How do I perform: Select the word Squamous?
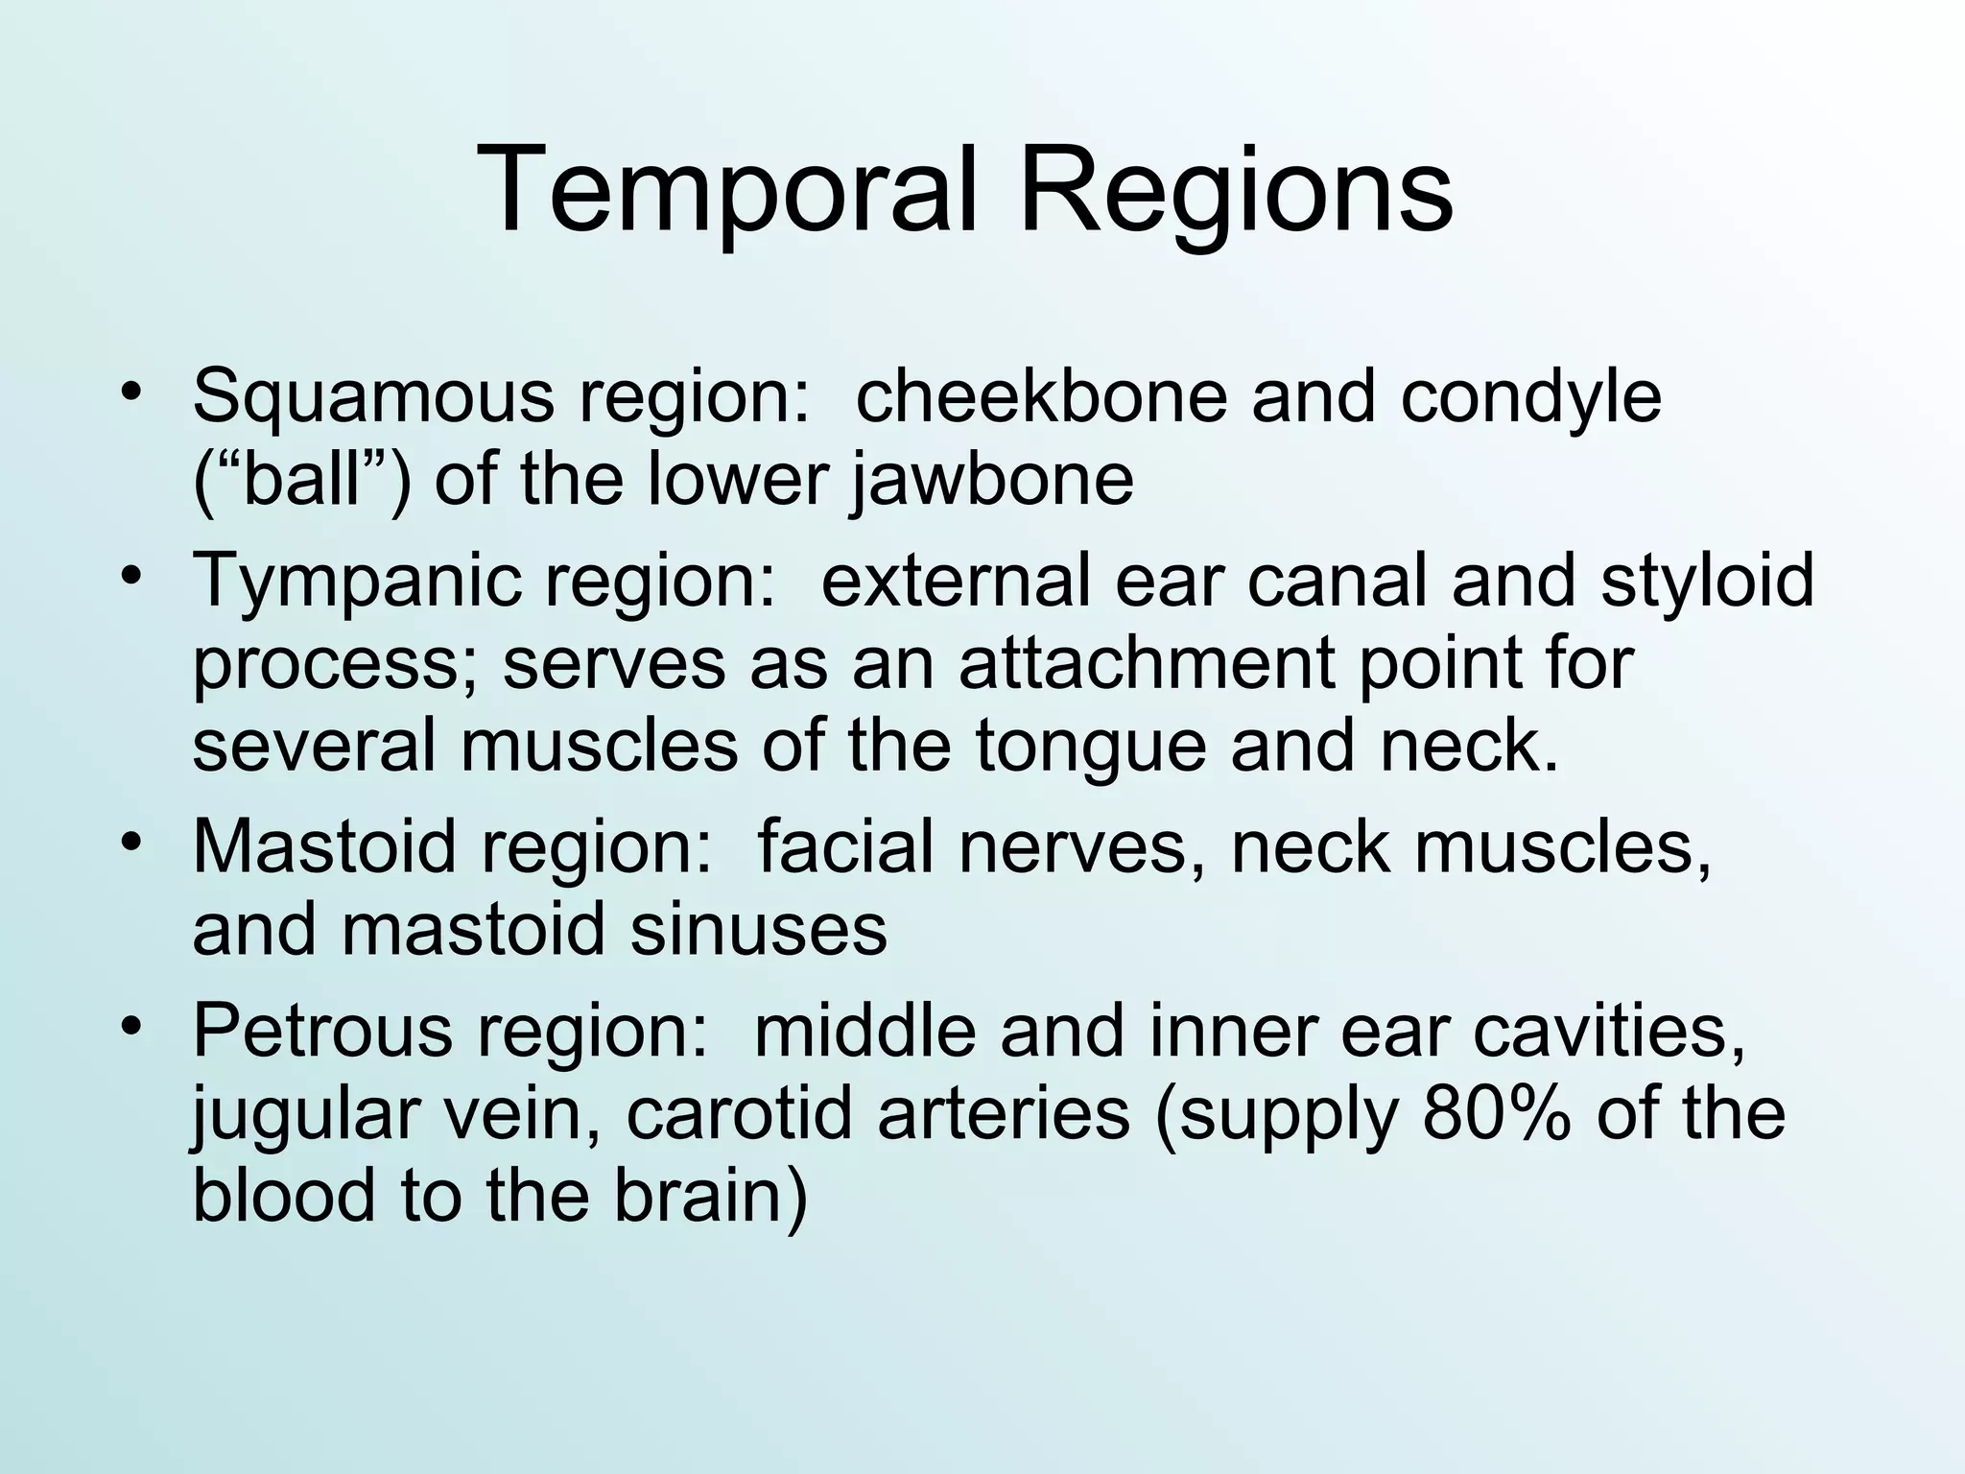pyautogui.click(x=373, y=395)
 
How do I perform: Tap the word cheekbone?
pyautogui.click(x=1041, y=395)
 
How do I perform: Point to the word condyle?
pyautogui.click(x=1530, y=395)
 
